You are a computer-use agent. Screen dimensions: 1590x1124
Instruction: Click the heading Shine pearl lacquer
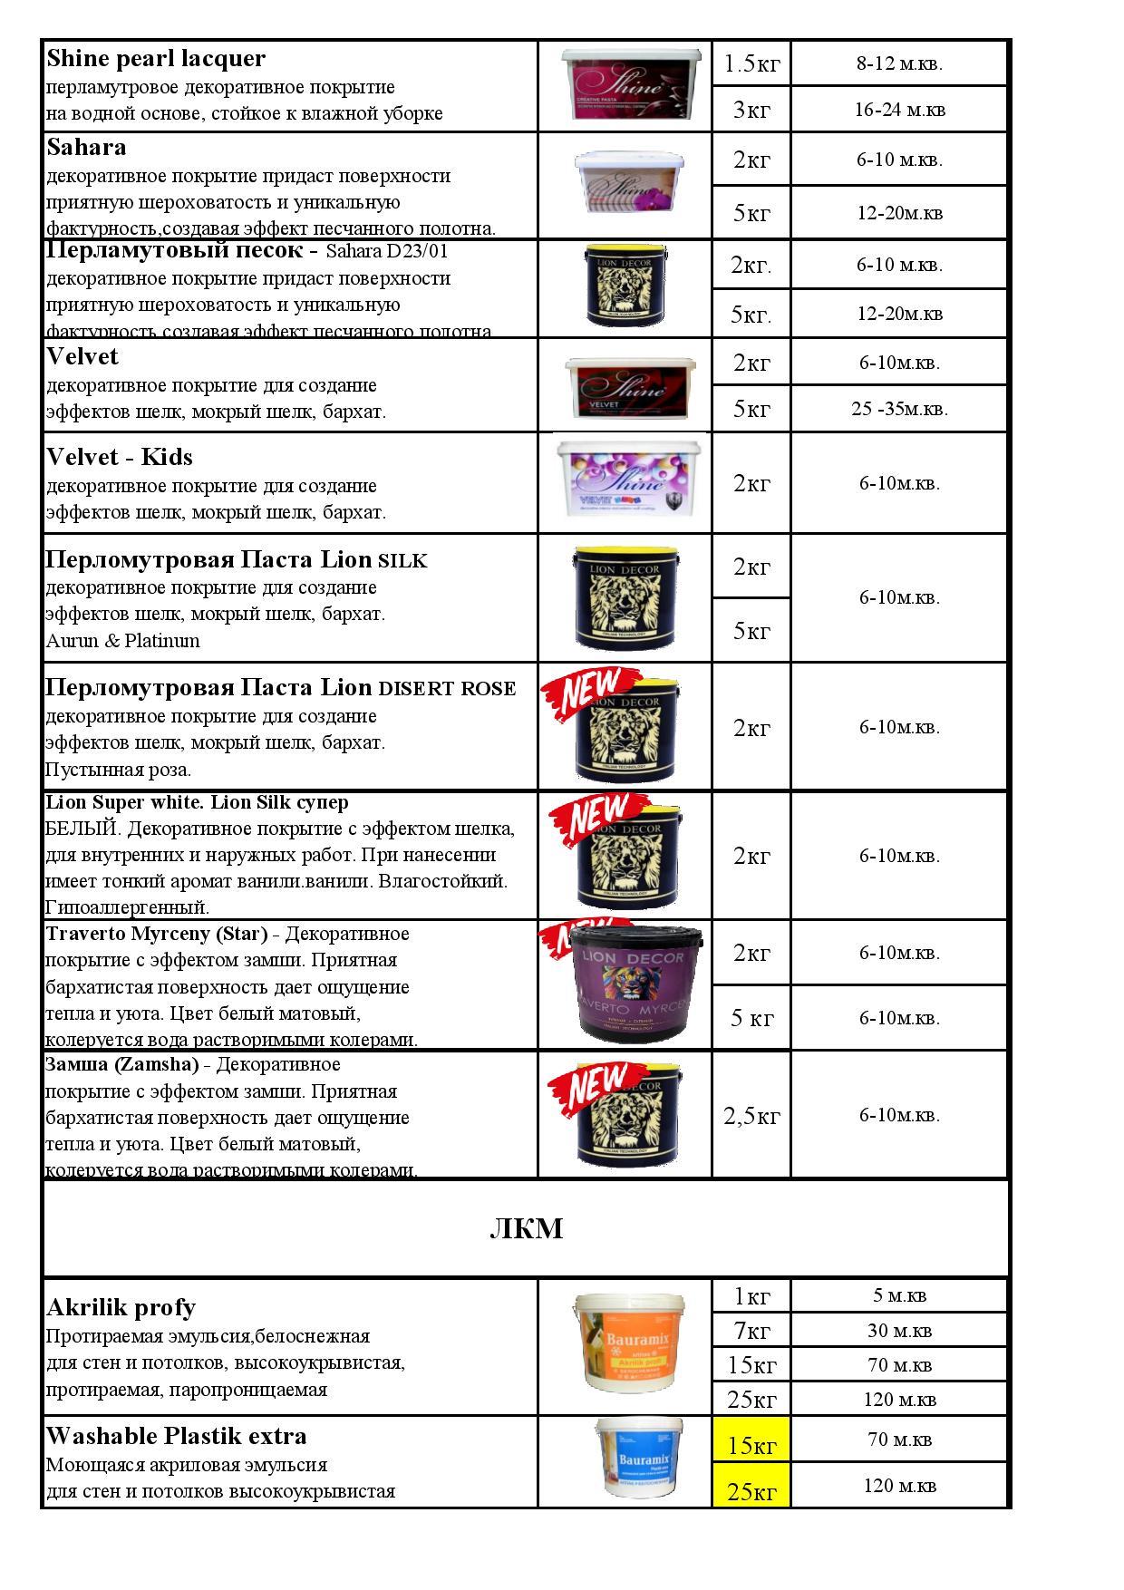[x=156, y=59]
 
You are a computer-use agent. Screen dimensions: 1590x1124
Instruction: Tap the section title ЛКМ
[x=526, y=1228]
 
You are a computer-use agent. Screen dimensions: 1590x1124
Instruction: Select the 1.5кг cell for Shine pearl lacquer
[x=751, y=63]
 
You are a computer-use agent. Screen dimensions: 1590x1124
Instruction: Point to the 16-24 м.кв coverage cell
[x=899, y=110]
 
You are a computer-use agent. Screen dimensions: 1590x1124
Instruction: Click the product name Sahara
[x=86, y=147]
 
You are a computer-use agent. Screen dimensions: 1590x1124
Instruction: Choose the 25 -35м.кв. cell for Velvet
[x=899, y=409]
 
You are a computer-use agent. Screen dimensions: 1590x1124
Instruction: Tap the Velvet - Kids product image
[x=632, y=481]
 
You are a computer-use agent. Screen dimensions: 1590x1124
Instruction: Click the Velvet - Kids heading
[x=120, y=457]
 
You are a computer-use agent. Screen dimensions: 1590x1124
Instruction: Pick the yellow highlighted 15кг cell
[x=751, y=1445]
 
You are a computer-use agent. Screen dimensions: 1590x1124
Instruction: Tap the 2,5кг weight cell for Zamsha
[x=751, y=1116]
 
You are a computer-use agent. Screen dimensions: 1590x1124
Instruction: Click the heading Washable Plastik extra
[x=176, y=1436]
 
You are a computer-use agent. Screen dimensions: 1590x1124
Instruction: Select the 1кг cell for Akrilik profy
[x=751, y=1296]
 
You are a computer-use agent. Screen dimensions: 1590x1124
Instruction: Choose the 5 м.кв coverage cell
[x=899, y=1295]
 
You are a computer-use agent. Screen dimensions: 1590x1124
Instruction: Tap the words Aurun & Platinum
[x=122, y=641]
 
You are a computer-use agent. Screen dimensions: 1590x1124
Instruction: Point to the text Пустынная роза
[x=119, y=770]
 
